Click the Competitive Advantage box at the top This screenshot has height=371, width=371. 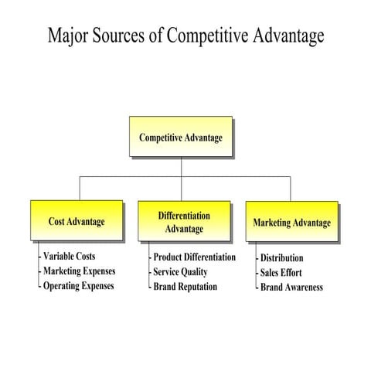tap(181, 137)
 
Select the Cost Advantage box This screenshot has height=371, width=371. tap(77, 221)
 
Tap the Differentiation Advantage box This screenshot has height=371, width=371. tap(184, 221)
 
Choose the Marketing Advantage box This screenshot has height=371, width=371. tap(291, 223)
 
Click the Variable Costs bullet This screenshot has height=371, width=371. tap(70, 256)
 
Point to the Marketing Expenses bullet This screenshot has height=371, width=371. tap(79, 271)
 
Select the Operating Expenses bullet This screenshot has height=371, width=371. tap(78, 285)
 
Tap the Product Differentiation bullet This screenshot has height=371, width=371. tap(194, 257)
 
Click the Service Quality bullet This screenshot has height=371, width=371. tap(180, 271)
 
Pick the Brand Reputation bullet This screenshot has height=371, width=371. tap(185, 286)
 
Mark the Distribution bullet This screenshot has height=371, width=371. tap(281, 257)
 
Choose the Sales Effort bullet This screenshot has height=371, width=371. tap(281, 272)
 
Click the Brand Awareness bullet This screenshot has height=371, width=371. tap(291, 287)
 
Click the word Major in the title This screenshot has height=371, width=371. tap(68, 36)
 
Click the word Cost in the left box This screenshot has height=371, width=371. tap(56, 221)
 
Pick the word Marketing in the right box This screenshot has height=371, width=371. tap(271, 223)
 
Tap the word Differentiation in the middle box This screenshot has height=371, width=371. tap(184, 215)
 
